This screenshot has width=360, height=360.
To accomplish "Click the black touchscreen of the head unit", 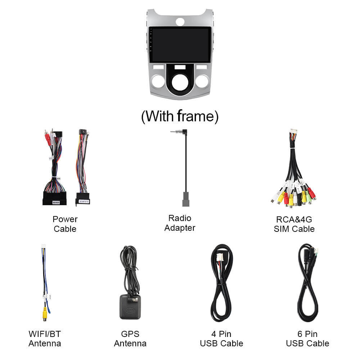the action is (180, 45).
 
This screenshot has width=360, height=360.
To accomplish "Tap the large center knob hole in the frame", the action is (180, 82).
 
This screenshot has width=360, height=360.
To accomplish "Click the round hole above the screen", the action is (180, 22).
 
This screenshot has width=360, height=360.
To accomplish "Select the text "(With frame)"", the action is (180, 116).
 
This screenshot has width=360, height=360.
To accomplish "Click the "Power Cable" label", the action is (65, 224).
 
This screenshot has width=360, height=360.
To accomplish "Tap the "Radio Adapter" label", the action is (180, 223).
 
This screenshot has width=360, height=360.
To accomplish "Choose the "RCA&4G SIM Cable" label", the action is (294, 224).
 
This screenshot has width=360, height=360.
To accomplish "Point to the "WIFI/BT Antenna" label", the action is (45, 339).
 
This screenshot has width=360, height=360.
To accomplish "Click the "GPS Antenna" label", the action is (130, 339).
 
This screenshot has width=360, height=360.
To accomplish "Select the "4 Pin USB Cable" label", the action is (221, 339).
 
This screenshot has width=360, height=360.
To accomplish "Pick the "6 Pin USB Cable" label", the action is (307, 339).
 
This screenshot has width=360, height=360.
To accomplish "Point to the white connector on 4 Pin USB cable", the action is (220, 257).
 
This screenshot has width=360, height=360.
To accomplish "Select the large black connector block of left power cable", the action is (54, 198).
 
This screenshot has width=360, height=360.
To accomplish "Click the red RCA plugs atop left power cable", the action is (48, 137).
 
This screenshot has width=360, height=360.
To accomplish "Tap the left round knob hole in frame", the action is (158, 81).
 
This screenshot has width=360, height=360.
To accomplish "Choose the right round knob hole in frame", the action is (202, 81).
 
